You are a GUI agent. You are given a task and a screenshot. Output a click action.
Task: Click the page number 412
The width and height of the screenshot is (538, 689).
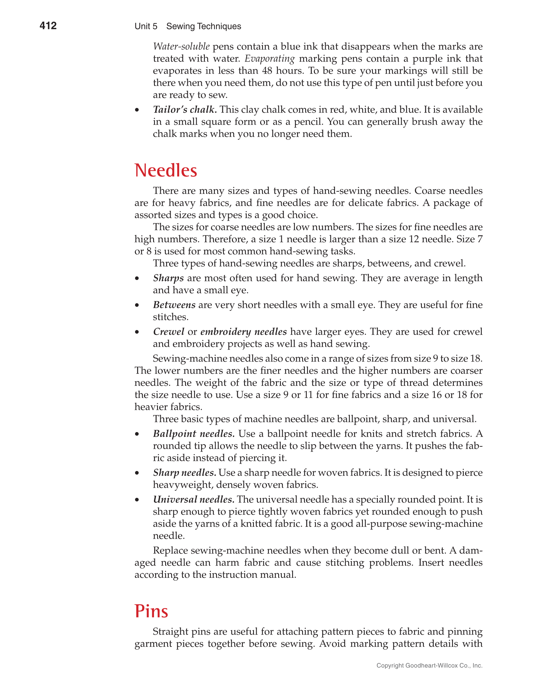click(48, 25)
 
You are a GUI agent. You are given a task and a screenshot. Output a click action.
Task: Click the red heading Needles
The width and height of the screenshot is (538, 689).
click(165, 171)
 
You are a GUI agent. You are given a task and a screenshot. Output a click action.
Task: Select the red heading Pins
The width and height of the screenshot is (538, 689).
click(151, 611)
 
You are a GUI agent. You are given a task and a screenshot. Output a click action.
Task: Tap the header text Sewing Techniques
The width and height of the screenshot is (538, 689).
click(203, 26)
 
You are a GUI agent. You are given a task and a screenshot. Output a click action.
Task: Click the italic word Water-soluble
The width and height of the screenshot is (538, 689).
click(181, 47)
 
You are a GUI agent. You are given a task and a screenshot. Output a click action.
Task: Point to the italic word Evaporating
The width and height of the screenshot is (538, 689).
click(270, 59)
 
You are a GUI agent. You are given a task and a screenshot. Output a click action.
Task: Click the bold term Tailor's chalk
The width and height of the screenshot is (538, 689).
click(185, 109)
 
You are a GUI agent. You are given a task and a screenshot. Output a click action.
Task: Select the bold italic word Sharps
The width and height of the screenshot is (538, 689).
click(168, 278)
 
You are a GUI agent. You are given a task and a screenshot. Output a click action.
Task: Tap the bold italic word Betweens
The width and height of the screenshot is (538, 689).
click(174, 305)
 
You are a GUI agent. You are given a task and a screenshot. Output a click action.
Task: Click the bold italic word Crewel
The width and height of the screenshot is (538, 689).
click(169, 331)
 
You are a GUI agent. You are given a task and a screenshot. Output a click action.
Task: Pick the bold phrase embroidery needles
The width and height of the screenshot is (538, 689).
click(243, 331)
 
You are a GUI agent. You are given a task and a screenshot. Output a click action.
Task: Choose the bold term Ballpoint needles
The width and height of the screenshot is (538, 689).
click(194, 434)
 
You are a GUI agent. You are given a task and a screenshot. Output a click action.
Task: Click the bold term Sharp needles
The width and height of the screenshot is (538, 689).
click(184, 472)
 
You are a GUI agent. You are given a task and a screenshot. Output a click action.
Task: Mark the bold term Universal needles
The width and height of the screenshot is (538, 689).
click(193, 500)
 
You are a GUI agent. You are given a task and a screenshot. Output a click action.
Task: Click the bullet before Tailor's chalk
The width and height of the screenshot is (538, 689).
click(137, 110)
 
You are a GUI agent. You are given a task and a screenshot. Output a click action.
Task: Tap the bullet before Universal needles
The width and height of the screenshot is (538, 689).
click(137, 500)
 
